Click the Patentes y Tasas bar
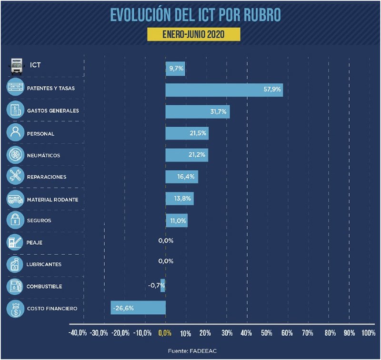click(x=224, y=90)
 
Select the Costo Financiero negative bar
click(x=138, y=308)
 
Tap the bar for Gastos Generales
click(x=197, y=111)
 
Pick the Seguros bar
click(x=176, y=220)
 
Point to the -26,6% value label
click(x=123, y=308)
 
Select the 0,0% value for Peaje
click(x=166, y=240)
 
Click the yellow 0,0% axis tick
click(x=165, y=332)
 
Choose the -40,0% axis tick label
click(x=78, y=332)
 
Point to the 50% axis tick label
click(x=267, y=332)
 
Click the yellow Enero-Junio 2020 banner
click(x=192, y=34)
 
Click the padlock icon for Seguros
click(x=15, y=220)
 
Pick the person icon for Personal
click(x=15, y=133)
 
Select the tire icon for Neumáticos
click(x=15, y=155)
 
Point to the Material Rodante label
click(x=53, y=199)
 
